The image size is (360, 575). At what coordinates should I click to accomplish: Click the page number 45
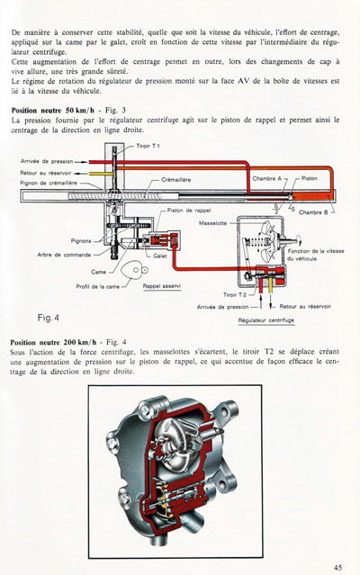click(337, 566)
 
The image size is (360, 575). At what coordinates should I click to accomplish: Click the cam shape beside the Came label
click(133, 269)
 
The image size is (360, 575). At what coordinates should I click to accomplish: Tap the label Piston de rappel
click(190, 210)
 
